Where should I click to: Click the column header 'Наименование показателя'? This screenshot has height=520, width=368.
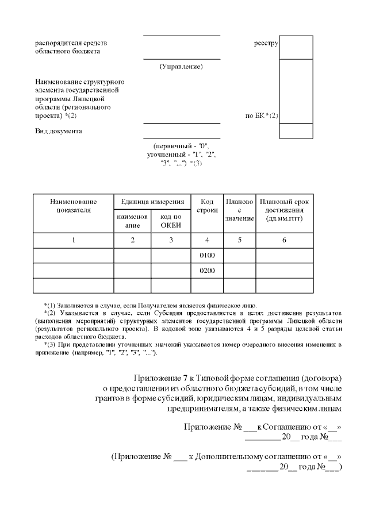coord(73,206)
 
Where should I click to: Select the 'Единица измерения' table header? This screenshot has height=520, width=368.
coord(152,202)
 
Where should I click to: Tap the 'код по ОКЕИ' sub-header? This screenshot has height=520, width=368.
coord(170,221)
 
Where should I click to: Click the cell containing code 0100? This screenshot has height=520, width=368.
coord(206,255)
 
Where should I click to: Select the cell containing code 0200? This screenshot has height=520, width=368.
coord(206,270)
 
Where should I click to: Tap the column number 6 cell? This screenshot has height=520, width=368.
coord(284,240)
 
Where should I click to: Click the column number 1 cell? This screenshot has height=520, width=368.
coord(73,240)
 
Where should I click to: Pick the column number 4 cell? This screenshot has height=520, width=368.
coord(206,240)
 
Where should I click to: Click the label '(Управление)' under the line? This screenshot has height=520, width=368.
coord(181,67)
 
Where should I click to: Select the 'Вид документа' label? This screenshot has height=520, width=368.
coord(58,131)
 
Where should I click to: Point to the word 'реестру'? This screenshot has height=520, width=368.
coord(266,43)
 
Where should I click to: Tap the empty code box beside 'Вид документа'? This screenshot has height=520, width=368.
coord(296,130)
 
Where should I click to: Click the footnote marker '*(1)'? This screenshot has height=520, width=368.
coord(51,305)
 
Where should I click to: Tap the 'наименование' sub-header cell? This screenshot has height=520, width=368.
coord(132,221)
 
